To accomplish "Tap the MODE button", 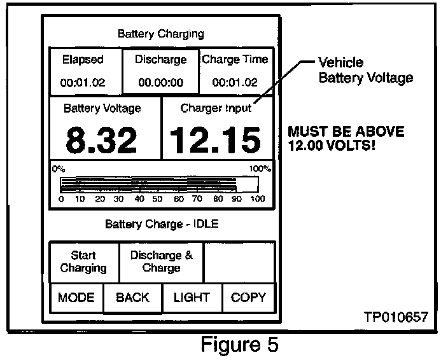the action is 76,297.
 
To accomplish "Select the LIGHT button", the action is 192,297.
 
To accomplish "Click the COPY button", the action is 248,297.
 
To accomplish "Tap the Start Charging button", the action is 83,261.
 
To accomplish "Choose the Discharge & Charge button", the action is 161,261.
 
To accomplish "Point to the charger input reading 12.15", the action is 216,140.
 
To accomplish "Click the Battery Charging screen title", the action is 161,34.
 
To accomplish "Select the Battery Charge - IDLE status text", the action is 162,224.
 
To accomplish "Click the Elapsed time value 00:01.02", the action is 83,83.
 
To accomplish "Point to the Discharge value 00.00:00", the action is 161,83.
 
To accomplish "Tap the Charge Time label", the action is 235,60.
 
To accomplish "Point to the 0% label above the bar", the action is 59,169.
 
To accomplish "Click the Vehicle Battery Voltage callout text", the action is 365,71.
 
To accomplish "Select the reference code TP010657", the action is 396,316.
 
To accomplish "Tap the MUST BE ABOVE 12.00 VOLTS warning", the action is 346,138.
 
